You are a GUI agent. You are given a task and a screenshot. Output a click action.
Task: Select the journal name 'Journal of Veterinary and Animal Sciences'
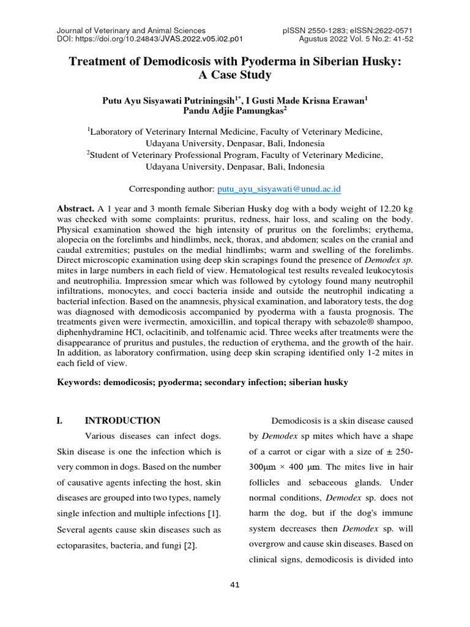[131, 30]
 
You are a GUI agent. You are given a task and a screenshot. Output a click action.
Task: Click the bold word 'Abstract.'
[75, 208]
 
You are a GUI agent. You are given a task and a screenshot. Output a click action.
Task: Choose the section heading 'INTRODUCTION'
[122, 421]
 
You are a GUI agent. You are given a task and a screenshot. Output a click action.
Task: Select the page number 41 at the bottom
[235, 585]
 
